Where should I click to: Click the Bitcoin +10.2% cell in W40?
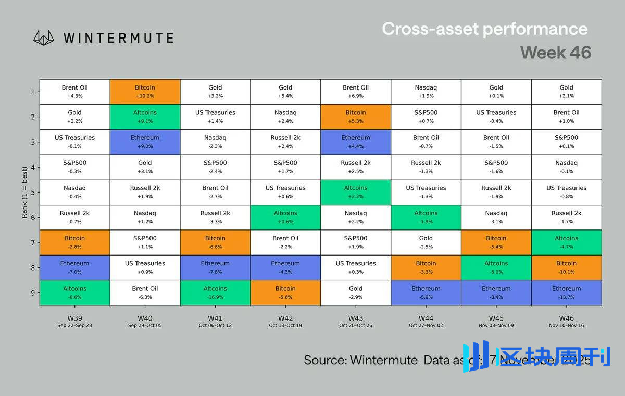(x=145, y=92)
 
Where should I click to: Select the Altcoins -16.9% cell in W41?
(x=215, y=292)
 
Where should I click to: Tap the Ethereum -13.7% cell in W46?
(x=566, y=292)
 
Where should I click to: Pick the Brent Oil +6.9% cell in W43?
(x=356, y=92)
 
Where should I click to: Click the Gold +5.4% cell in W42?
(x=285, y=92)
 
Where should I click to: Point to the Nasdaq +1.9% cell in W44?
(x=426, y=92)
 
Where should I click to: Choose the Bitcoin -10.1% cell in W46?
(x=566, y=267)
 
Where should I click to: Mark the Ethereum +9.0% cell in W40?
(x=145, y=142)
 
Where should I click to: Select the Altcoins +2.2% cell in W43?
(x=356, y=192)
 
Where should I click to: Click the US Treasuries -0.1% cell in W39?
(x=74, y=142)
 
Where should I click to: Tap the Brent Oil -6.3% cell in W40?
(x=145, y=292)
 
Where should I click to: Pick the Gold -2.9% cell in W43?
(x=356, y=292)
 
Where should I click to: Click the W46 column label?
(x=566, y=317)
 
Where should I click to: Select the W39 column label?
(x=74, y=317)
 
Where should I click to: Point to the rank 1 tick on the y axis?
(x=32, y=92)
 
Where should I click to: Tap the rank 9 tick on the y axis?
(x=32, y=293)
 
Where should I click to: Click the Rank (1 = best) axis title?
(x=24, y=193)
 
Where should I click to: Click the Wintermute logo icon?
(x=44, y=37)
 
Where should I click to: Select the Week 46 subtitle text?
(x=555, y=53)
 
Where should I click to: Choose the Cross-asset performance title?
(x=484, y=29)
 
